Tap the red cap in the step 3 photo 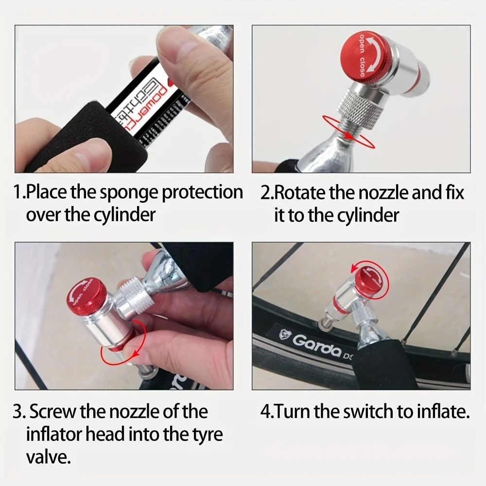(x=86, y=295)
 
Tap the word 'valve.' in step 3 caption (x=49, y=457)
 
